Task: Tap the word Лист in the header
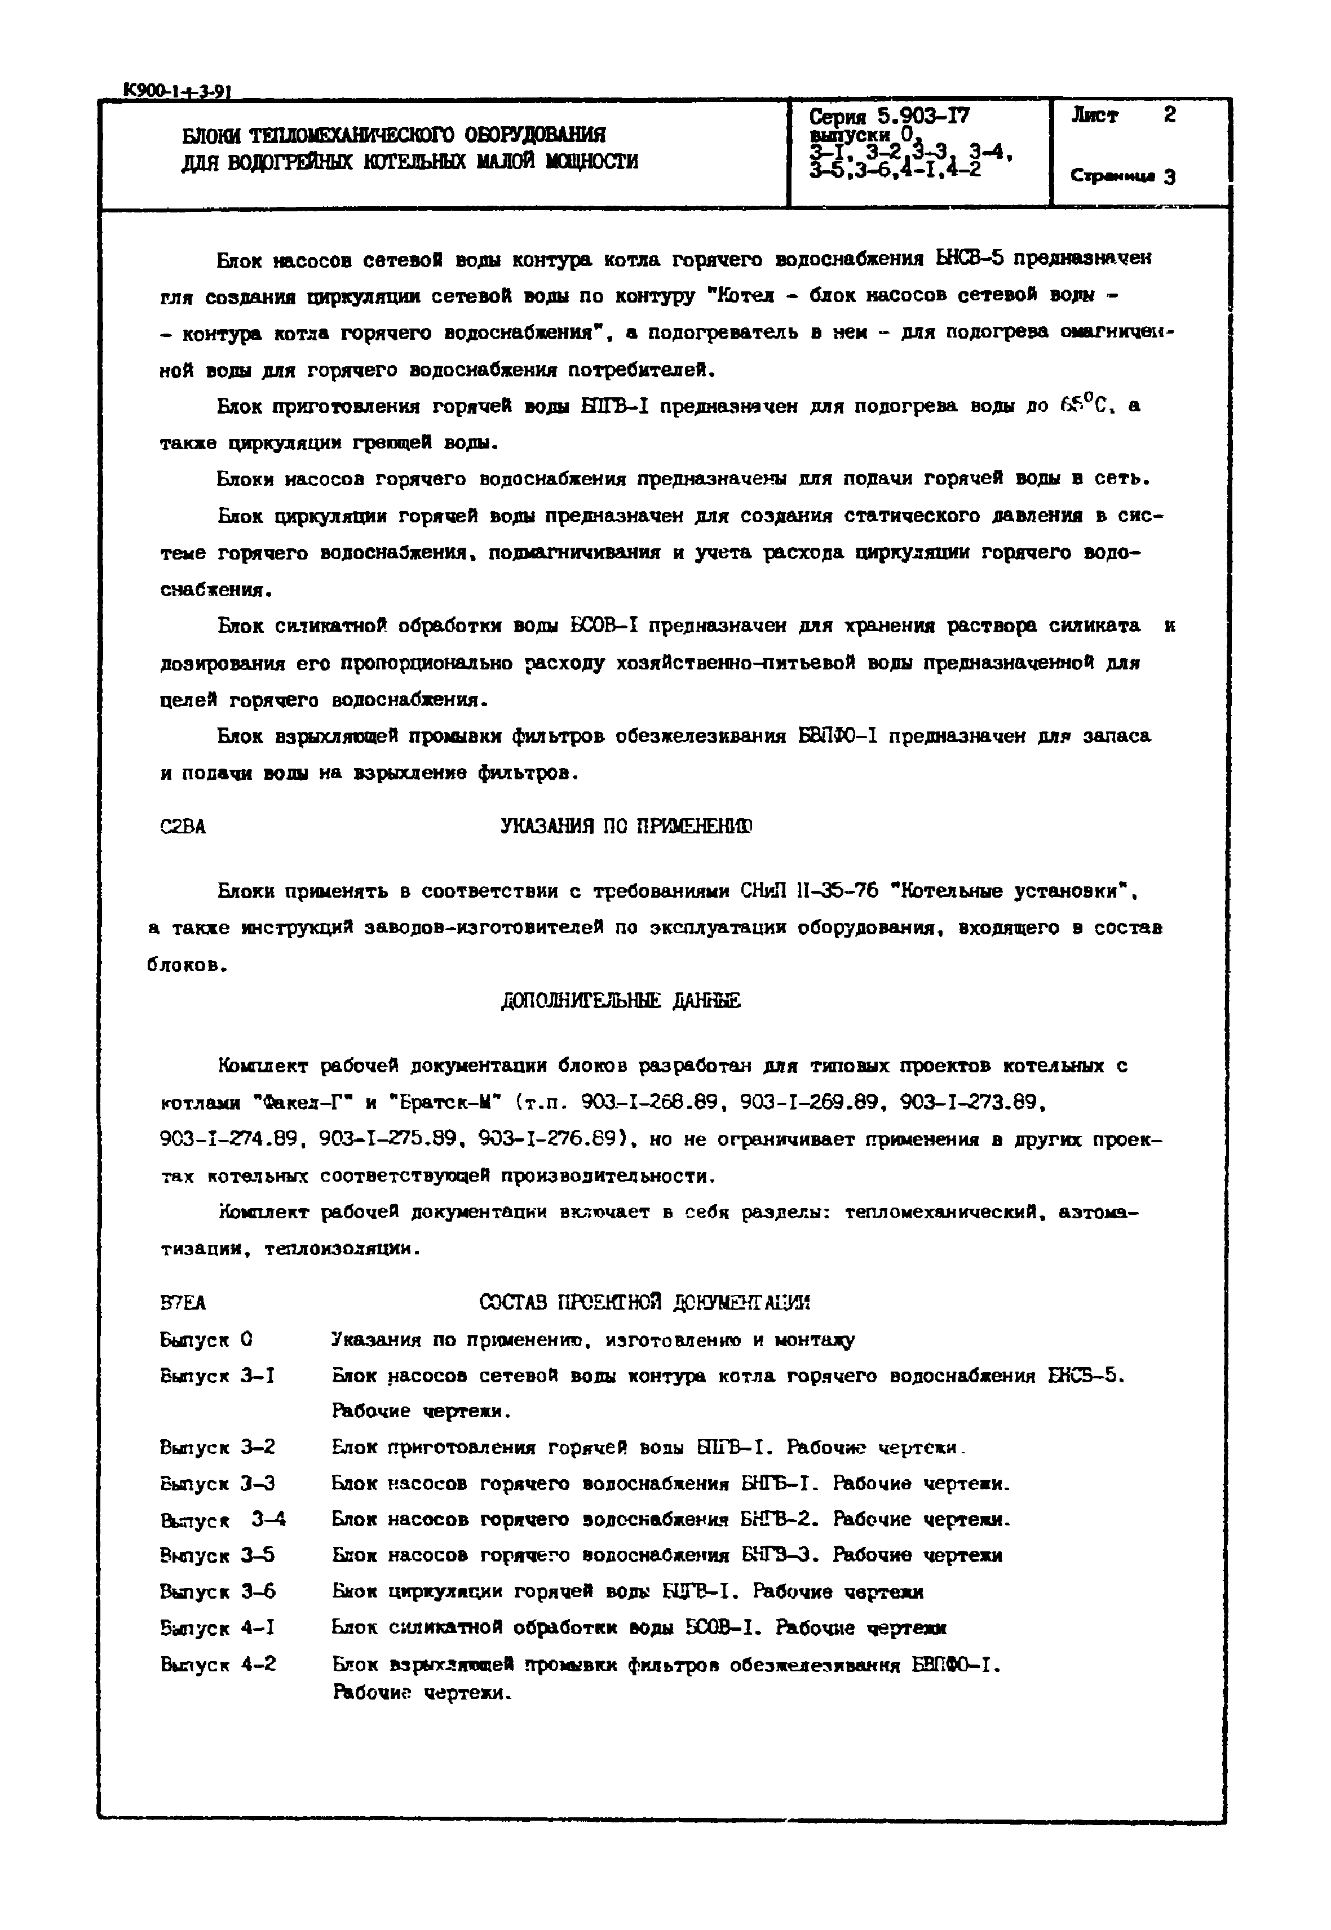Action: (x=1095, y=116)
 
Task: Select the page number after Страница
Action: (x=1171, y=177)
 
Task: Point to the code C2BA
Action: (x=183, y=827)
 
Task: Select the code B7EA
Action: (x=183, y=1302)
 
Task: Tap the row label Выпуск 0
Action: (x=206, y=1340)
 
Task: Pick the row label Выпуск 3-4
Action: (x=223, y=1520)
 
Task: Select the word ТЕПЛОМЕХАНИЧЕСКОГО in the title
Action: (x=348, y=135)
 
